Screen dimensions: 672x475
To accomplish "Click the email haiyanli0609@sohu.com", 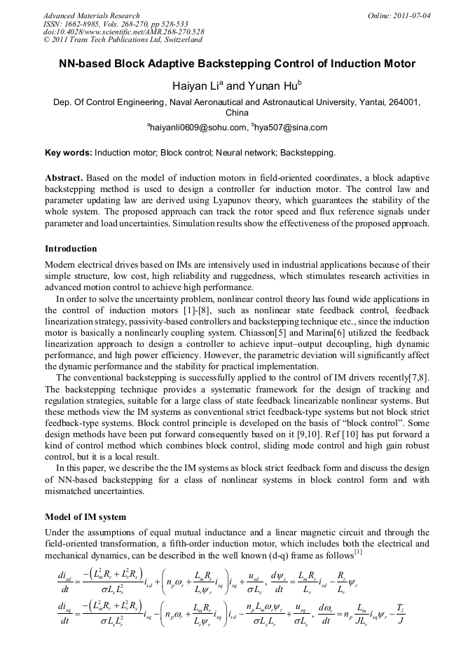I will (x=208, y=128).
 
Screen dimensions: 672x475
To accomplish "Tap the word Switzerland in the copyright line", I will (x=180, y=40).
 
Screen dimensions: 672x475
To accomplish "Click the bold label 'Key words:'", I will (x=68, y=152).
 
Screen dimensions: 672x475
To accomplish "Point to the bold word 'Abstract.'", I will (x=65, y=178).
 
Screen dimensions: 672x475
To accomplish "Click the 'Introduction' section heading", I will (x=71, y=249).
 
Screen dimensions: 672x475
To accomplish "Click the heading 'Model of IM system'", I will (x=85, y=516).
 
